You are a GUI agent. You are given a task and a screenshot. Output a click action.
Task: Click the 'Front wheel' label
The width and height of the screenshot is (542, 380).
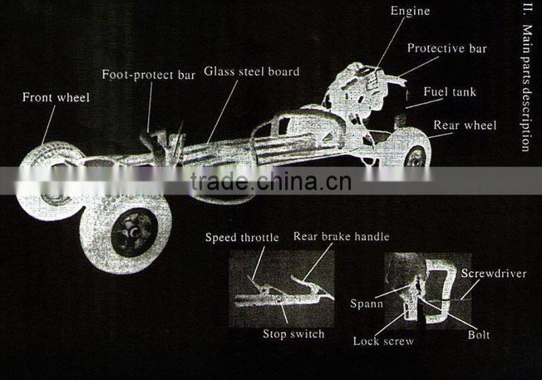(56, 98)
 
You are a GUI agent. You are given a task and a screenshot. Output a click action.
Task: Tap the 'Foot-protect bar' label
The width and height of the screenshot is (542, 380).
(148, 75)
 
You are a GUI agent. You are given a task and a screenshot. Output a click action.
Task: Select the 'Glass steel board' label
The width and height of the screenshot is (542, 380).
(251, 71)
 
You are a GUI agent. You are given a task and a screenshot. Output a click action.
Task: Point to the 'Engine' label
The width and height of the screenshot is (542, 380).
(411, 11)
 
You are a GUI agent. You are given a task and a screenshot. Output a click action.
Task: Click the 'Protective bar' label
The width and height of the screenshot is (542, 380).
(446, 49)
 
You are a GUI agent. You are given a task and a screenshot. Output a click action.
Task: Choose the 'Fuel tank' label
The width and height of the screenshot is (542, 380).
(450, 91)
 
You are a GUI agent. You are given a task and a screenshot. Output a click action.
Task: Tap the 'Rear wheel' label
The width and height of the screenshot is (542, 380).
(465, 125)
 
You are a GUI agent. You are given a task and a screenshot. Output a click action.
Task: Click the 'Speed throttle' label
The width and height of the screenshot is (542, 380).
(242, 237)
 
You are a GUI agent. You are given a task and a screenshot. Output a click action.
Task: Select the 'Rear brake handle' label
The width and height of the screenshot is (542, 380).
(341, 236)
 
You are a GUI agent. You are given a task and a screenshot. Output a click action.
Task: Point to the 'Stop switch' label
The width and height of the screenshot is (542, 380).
(293, 334)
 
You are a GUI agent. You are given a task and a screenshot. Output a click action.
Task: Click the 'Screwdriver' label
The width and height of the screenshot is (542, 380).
(493, 274)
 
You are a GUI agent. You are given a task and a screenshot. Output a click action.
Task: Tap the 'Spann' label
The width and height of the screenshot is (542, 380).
(367, 303)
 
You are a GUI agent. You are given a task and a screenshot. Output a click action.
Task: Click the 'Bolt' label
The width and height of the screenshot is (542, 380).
(478, 335)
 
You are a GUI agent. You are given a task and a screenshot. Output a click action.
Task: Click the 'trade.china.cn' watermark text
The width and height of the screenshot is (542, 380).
(270, 182)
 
